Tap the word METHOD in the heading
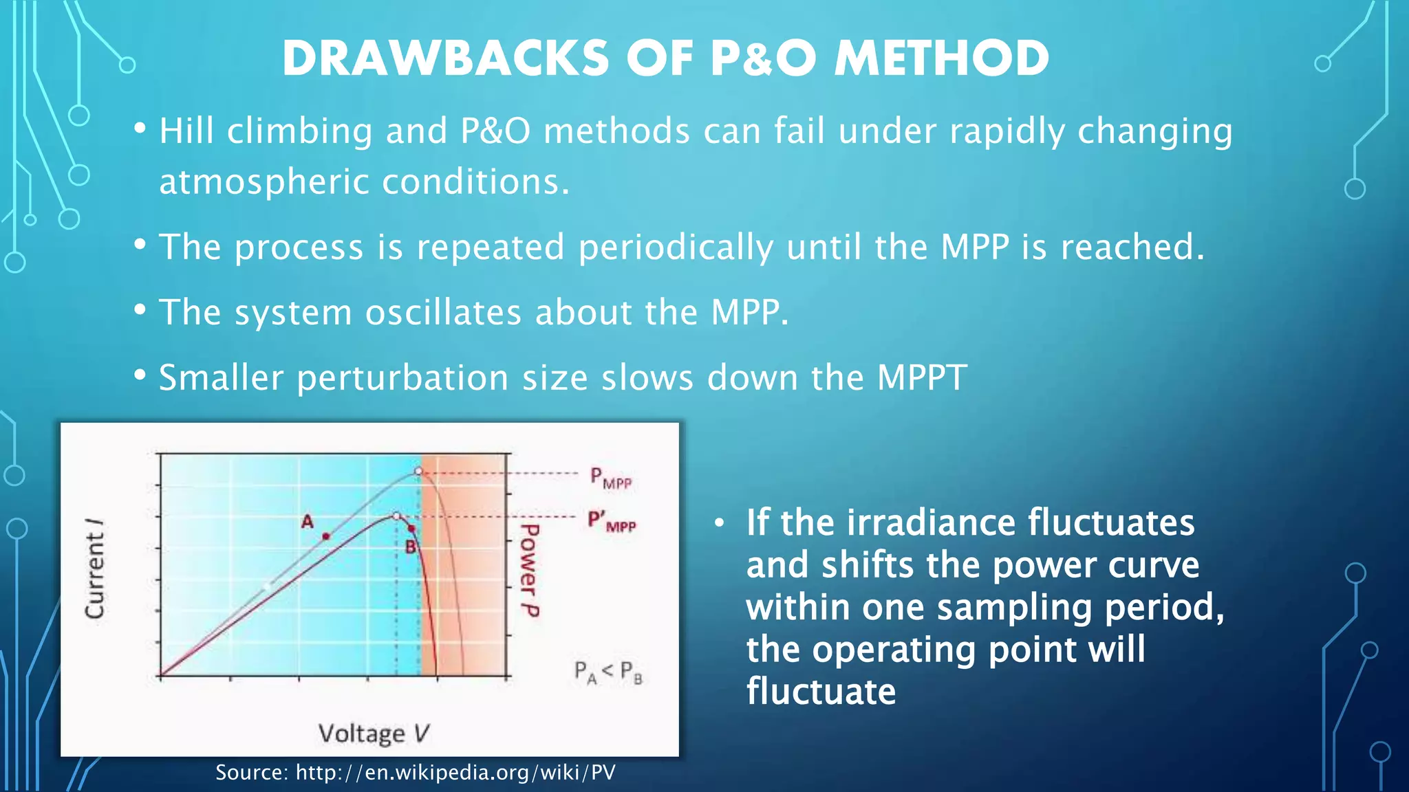coord(942,58)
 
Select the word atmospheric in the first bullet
coord(264,182)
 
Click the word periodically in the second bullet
coord(676,247)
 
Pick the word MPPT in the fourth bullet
coord(922,377)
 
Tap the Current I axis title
coord(95,568)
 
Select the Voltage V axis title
coord(374,734)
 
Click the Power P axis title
coord(529,570)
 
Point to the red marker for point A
coord(326,536)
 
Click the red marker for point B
coord(411,528)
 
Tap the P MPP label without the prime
coord(610,478)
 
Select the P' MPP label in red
coord(611,521)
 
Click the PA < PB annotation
coord(608,672)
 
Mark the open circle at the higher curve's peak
coord(418,471)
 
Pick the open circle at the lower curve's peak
coord(396,516)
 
